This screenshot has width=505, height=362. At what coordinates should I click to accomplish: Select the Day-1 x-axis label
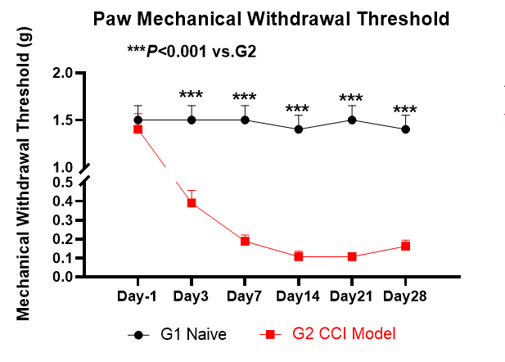(138, 294)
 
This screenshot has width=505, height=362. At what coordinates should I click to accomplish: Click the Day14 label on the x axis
(298, 294)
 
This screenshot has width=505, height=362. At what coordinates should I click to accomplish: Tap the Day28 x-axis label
(405, 294)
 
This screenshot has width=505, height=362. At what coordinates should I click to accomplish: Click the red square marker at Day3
(192, 203)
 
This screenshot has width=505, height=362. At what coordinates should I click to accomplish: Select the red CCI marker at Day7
(245, 242)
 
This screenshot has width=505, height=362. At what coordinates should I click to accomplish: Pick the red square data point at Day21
(352, 256)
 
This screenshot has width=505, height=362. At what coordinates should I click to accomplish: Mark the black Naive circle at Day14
(299, 129)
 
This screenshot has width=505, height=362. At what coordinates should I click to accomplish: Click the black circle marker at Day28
(405, 129)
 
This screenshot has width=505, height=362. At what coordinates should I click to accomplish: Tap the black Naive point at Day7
(245, 120)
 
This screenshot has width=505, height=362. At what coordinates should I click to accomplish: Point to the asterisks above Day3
(192, 96)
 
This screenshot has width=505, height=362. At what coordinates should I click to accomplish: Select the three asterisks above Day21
(352, 100)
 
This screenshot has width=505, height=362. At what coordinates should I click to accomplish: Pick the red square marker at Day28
(405, 247)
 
